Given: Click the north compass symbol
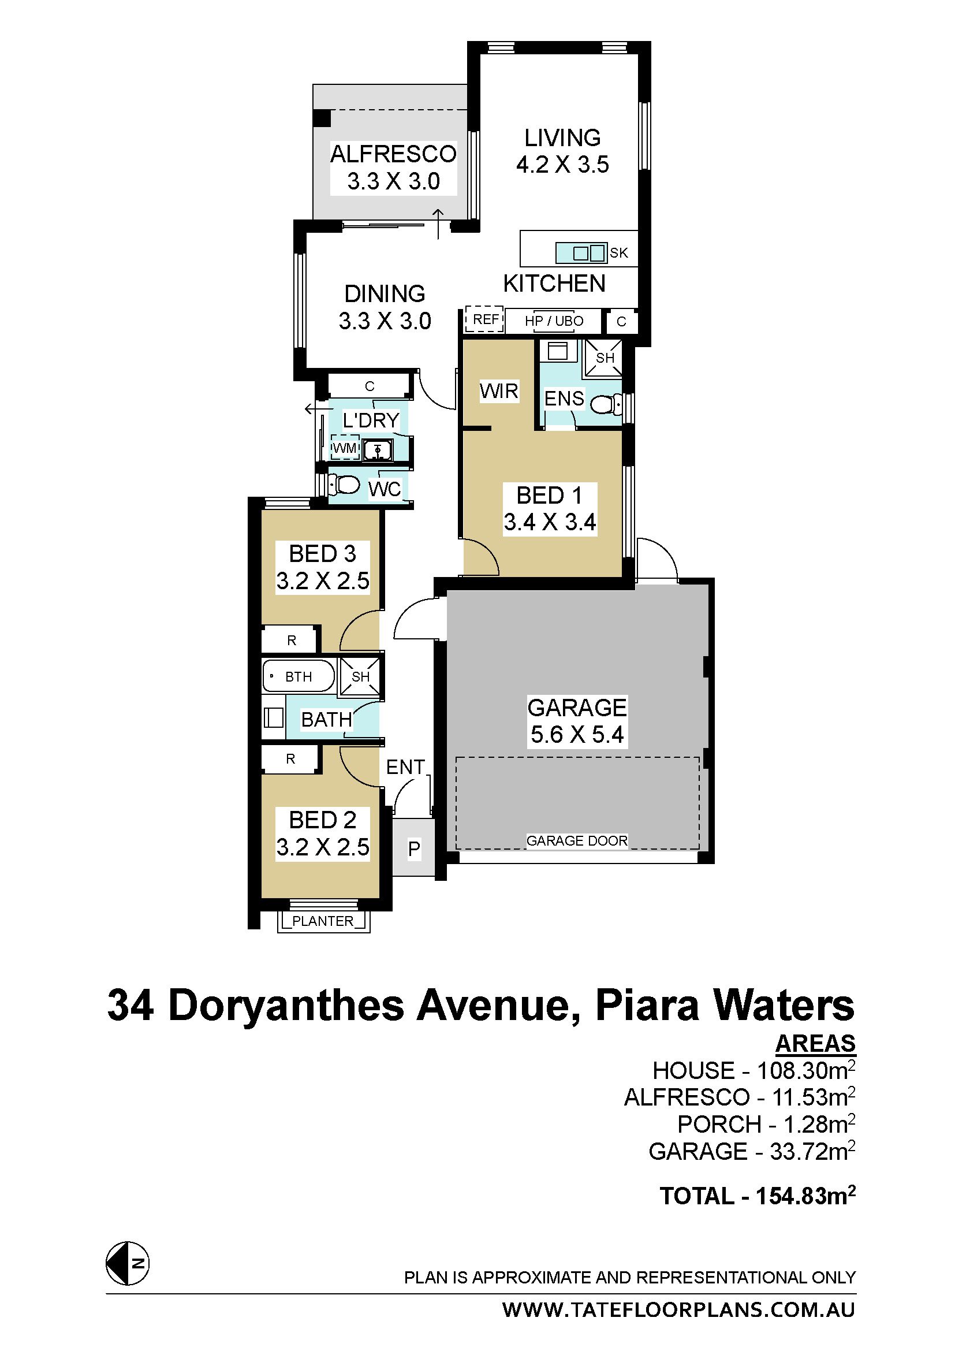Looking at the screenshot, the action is tap(128, 1263).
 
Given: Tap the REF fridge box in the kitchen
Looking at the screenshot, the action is tap(484, 319).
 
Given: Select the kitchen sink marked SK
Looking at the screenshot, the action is tap(581, 253).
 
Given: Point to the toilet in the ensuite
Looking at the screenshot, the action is tap(606, 404).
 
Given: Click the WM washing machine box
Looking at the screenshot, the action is tap(345, 448).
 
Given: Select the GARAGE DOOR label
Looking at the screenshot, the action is tap(577, 841).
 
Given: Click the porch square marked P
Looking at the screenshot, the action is tap(413, 848).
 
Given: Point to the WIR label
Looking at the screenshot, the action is tap(499, 390).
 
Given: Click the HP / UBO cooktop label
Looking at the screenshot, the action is tap(554, 321).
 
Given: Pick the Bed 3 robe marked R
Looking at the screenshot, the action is tap(291, 640).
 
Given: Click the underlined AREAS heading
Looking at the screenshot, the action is tap(816, 1043).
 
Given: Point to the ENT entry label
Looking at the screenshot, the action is tap(405, 766).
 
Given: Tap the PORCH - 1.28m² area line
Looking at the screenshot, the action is tap(766, 1124).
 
